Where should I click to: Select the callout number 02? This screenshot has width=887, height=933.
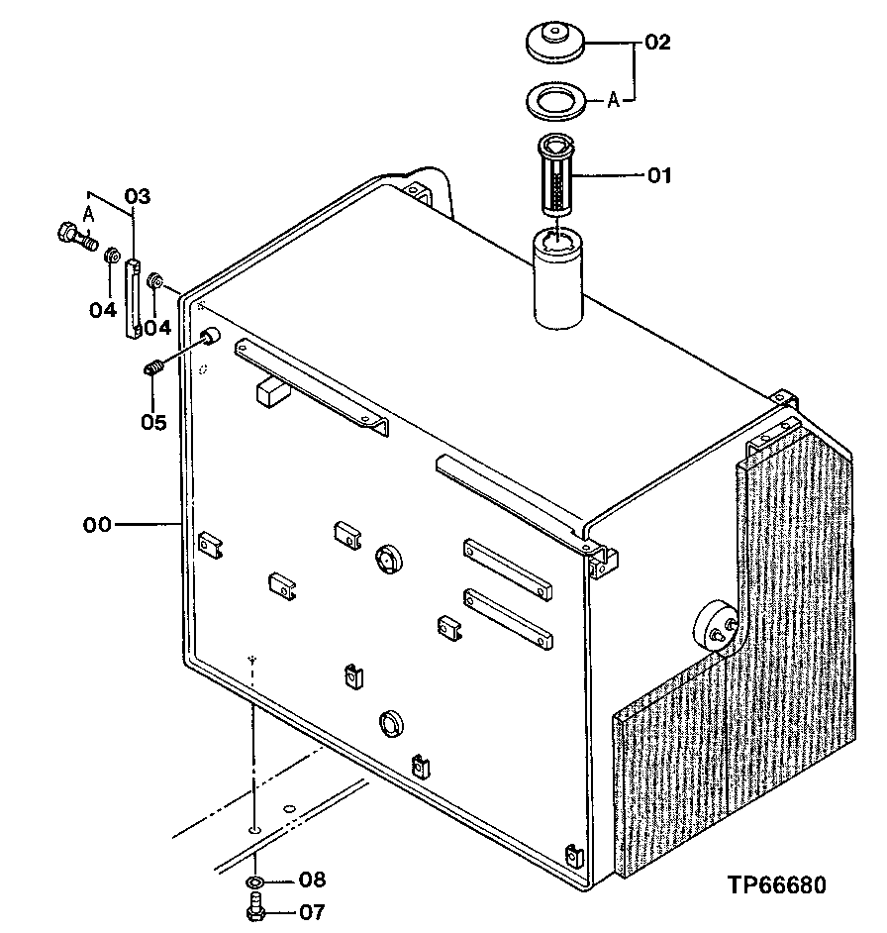[658, 43]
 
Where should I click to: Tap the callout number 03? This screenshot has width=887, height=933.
[138, 197]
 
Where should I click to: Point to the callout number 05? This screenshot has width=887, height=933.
[152, 422]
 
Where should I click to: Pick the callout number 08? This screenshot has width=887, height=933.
[312, 879]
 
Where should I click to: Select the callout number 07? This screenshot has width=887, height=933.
[311, 911]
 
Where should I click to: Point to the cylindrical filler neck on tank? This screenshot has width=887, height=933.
[560, 278]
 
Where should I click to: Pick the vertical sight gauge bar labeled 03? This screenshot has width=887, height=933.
[133, 297]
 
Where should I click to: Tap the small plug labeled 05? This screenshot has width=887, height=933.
[153, 370]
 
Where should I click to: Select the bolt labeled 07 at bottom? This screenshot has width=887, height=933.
[255, 906]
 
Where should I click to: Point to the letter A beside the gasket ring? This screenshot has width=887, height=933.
[613, 100]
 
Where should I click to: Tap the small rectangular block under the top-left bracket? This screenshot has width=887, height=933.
[270, 393]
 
